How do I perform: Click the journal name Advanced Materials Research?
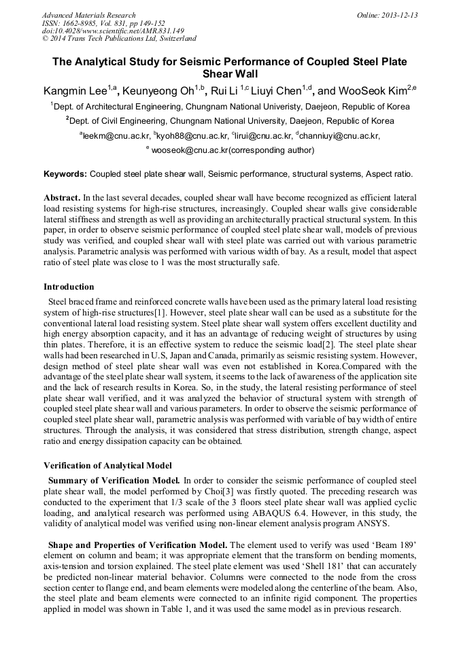88,15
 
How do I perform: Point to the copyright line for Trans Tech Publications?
119,39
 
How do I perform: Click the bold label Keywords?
65,174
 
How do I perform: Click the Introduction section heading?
69,286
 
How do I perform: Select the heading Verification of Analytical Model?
108,466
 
